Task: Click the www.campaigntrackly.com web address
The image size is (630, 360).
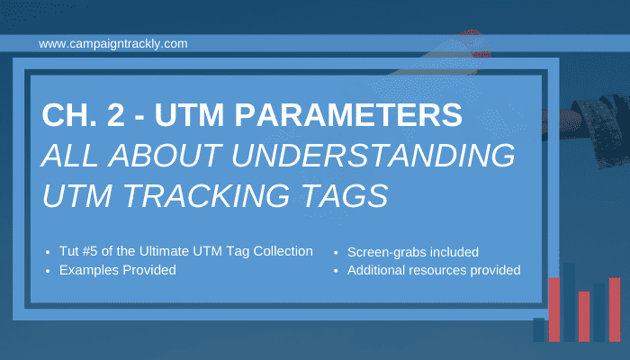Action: [112, 43]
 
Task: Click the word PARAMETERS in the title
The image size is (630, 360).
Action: [348, 115]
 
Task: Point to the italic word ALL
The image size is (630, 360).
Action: [70, 155]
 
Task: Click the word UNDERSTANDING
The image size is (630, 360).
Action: [373, 155]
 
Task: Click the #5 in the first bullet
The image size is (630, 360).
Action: [90, 251]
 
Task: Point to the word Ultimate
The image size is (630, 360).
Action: [164, 251]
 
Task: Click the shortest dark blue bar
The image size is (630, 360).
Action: [539, 330]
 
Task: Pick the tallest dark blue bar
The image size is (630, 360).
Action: [570, 302]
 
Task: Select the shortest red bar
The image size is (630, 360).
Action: [584, 317]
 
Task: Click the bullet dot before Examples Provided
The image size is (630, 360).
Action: [48, 271]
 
